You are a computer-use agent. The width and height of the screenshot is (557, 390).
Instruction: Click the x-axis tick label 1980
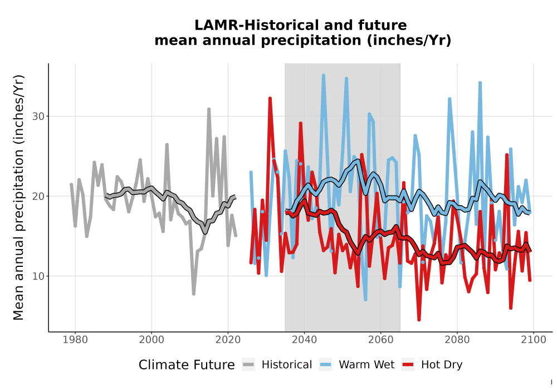tap(75, 340)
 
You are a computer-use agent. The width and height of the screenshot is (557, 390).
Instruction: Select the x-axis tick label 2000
tap(152, 340)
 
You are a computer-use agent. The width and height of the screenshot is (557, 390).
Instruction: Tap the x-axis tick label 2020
tap(228, 340)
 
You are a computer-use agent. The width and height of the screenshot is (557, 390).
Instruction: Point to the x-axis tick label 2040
tap(304, 340)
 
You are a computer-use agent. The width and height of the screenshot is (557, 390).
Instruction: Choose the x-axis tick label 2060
tap(380, 340)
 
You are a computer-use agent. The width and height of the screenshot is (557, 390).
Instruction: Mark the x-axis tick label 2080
tap(457, 340)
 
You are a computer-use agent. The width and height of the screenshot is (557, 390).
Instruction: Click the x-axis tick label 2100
tap(533, 340)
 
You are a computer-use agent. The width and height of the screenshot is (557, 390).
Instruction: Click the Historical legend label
tap(287, 365)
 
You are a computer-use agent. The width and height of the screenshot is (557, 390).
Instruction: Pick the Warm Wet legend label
tap(367, 365)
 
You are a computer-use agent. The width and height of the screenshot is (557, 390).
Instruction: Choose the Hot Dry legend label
tap(442, 365)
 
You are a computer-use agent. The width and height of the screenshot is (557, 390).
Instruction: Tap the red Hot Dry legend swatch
tap(408, 365)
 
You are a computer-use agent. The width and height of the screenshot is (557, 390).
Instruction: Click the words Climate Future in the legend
tap(187, 365)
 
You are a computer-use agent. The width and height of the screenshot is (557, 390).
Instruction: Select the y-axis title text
tap(18, 197)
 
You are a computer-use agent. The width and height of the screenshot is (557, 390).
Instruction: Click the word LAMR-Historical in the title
tap(252, 25)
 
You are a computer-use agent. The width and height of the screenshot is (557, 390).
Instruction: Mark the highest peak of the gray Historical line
tap(209, 109)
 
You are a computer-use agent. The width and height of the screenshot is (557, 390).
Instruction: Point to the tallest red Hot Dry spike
tap(270, 99)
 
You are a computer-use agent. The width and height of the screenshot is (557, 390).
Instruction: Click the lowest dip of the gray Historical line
tap(194, 294)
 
